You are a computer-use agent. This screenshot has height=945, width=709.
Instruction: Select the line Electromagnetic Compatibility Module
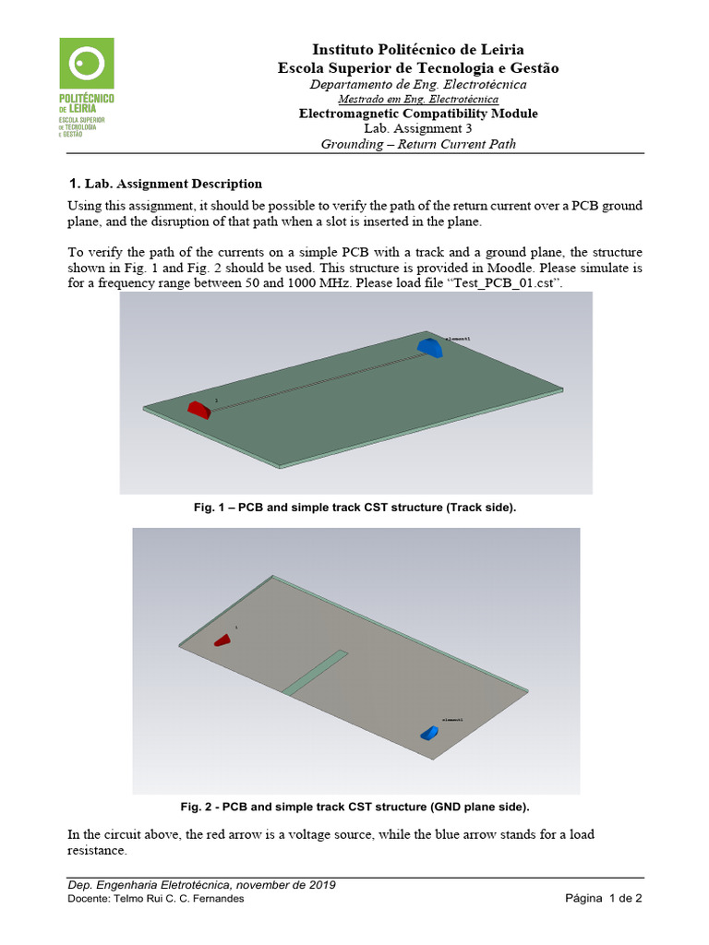(418, 114)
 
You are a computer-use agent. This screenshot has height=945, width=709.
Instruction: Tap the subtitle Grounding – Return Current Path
(418, 144)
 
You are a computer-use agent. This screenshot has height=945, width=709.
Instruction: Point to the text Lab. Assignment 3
(418, 129)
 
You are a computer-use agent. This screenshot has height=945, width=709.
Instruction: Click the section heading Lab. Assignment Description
(173, 184)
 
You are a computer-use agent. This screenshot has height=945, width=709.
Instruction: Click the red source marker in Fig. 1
(199, 409)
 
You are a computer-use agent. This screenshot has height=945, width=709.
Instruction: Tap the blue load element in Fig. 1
(429, 347)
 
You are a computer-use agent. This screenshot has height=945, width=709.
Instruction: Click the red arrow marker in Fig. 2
(223, 640)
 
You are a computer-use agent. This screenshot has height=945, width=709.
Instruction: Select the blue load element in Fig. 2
(430, 733)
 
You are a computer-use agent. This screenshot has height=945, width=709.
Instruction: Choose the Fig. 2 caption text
(354, 807)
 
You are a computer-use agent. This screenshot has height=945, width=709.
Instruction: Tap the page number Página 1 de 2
(603, 899)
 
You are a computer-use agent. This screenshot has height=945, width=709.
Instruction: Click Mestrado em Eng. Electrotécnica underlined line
(418, 99)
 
